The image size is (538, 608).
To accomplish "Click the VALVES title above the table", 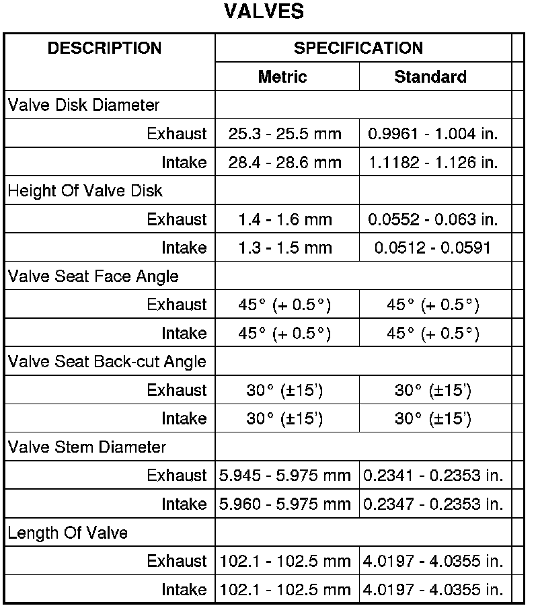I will (264, 12).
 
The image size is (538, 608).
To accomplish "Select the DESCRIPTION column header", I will (104, 48).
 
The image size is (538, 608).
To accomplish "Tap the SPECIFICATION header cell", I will (358, 48).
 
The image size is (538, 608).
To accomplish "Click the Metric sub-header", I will (282, 77).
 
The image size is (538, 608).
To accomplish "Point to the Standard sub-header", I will (430, 77).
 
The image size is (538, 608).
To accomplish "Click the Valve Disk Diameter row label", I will (84, 106).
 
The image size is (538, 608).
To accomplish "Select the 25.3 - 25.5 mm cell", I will (285, 134).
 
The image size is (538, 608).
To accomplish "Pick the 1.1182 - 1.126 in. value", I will (433, 163).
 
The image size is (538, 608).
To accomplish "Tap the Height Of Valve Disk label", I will (85, 191).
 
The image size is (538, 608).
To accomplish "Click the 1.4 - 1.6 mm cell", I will (285, 219).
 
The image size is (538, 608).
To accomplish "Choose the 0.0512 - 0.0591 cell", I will (433, 248).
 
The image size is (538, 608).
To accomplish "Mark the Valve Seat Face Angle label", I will (93, 276).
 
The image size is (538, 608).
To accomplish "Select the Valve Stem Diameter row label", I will (87, 447).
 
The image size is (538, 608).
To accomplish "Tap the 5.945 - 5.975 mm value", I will (285, 476).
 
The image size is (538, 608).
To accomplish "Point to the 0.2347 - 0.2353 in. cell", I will (433, 504).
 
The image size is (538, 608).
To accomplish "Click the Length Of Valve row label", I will (68, 533).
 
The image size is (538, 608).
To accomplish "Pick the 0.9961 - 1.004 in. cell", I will (433, 134).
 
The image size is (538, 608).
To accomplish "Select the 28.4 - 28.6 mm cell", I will (285, 163).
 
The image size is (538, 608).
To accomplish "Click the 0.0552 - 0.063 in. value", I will (433, 219).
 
